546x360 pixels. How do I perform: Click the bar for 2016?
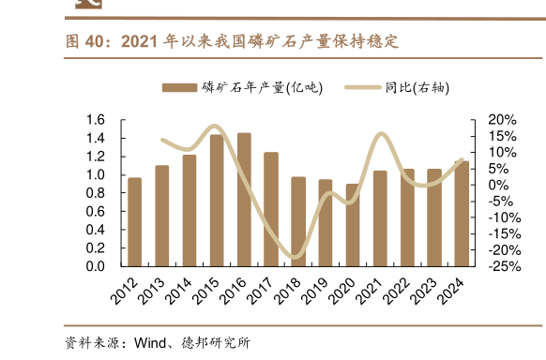coord(244,200)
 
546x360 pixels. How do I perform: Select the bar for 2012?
coord(135,222)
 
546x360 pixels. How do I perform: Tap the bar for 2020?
coord(353,225)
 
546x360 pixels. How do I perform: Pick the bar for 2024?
coord(462,214)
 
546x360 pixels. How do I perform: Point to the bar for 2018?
coord(298,221)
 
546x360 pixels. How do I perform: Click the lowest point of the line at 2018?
coord(296,257)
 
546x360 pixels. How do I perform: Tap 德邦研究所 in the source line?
coord(218,342)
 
